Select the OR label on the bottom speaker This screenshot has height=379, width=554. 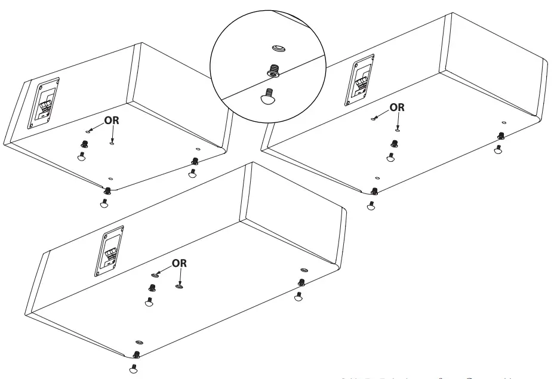pyautogui.click(x=180, y=263)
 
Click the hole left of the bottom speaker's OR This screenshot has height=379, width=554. pyautogui.click(x=155, y=275)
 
